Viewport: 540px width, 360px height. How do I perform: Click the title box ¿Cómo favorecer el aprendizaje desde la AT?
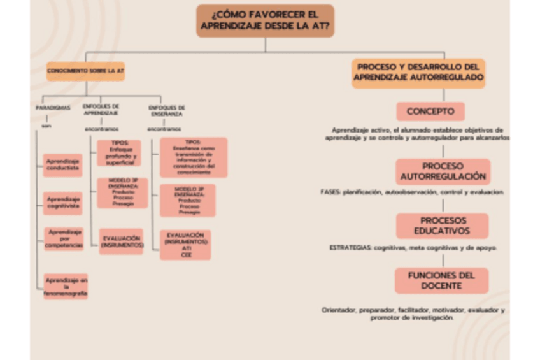click(x=265, y=20)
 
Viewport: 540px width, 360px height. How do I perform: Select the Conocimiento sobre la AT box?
click(x=85, y=71)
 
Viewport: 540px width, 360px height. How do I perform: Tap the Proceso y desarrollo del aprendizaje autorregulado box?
click(x=418, y=73)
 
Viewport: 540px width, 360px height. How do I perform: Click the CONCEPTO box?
click(x=430, y=112)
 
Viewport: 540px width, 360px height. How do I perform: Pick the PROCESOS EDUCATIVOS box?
click(x=442, y=226)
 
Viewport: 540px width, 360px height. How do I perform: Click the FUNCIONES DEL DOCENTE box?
click(x=442, y=280)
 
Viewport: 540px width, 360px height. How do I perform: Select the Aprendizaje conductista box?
click(x=62, y=165)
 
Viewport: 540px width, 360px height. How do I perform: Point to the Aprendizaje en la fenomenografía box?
click(x=66, y=286)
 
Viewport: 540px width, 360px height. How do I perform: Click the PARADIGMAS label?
click(x=53, y=108)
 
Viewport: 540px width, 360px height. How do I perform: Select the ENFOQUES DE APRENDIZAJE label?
click(x=101, y=110)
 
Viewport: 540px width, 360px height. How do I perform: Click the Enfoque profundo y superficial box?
click(x=119, y=152)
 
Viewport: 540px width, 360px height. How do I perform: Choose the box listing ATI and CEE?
click(x=185, y=244)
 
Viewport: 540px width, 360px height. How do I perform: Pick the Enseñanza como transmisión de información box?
click(x=193, y=157)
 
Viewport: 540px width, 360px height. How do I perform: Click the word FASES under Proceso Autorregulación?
click(x=329, y=192)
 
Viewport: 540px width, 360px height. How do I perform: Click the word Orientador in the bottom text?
click(x=338, y=310)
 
